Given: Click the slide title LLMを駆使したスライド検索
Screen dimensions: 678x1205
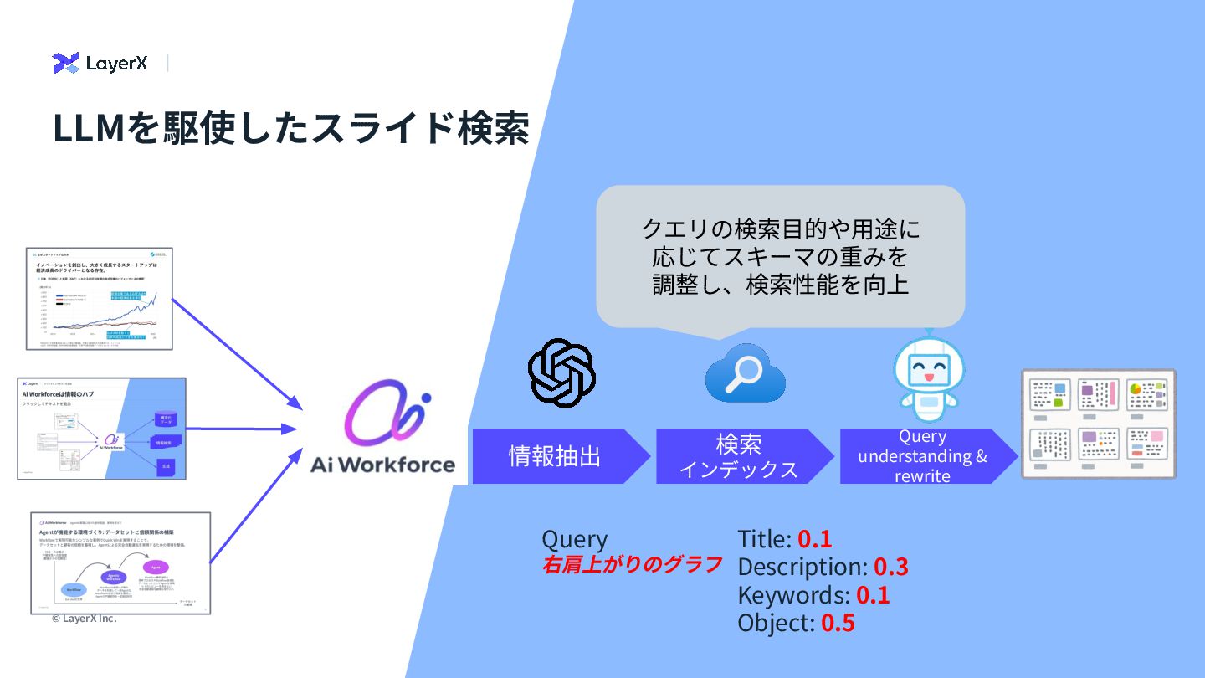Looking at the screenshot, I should pyautogui.click(x=290, y=128).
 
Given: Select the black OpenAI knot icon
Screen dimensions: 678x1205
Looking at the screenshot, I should pyautogui.click(x=561, y=373).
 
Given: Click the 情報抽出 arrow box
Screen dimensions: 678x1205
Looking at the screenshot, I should pyautogui.click(x=556, y=456).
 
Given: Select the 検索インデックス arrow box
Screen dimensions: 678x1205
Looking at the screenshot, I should pyautogui.click(x=740, y=456).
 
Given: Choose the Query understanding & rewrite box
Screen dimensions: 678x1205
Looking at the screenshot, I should pyautogui.click(x=923, y=456).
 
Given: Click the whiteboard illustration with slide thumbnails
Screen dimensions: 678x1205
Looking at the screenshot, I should pyautogui.click(x=1098, y=424).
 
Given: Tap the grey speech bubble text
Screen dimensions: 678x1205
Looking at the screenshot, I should pyautogui.click(x=780, y=256).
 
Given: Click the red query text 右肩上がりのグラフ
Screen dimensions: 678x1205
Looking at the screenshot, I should pyautogui.click(x=632, y=565).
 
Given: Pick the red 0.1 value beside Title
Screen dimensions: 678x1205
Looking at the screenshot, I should pyautogui.click(x=814, y=539).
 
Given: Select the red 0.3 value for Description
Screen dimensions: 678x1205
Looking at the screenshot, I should pyautogui.click(x=890, y=567).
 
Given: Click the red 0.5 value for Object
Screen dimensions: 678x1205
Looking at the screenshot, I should pyautogui.click(x=838, y=623).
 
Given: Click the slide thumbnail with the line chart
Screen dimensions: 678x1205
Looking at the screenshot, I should pyautogui.click(x=99, y=298).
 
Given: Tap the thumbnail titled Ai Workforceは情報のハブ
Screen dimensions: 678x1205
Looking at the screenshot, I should pyautogui.click(x=101, y=428).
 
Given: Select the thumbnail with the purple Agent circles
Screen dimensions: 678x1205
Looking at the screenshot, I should pyautogui.click(x=120, y=562).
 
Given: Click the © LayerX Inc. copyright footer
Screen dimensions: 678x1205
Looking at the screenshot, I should pyautogui.click(x=84, y=619).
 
